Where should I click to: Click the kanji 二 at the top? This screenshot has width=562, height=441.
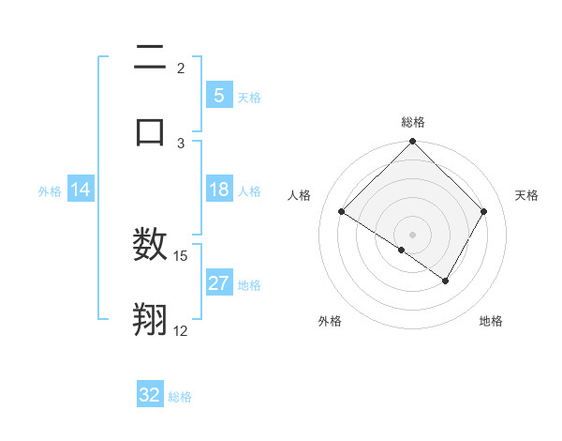point(150,58)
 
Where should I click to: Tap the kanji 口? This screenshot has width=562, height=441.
point(150,131)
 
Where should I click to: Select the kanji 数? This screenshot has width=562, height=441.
point(150,246)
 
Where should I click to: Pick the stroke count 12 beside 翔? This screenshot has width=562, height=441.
point(181,330)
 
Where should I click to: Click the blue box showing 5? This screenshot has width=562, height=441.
point(218,96)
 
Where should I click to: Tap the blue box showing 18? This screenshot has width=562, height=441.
point(218,190)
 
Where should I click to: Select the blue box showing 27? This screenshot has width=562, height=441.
point(218,284)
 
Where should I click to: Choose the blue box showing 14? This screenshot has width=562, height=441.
point(81,190)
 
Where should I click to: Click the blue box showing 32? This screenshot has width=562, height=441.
point(150,395)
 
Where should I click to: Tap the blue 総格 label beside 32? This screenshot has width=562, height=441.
point(180,397)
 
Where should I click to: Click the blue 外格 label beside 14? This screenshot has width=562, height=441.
point(50,191)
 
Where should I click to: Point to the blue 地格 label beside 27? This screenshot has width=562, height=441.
point(249,285)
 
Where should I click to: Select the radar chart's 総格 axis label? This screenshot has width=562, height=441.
point(413,122)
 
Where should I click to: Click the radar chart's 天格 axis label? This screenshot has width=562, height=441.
point(527,195)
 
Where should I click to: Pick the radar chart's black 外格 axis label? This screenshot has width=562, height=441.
point(330,321)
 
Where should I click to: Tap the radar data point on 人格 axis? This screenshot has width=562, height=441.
point(342,212)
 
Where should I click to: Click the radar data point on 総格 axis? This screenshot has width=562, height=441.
point(413,143)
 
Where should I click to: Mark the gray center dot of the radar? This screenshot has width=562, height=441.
point(413,234)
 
